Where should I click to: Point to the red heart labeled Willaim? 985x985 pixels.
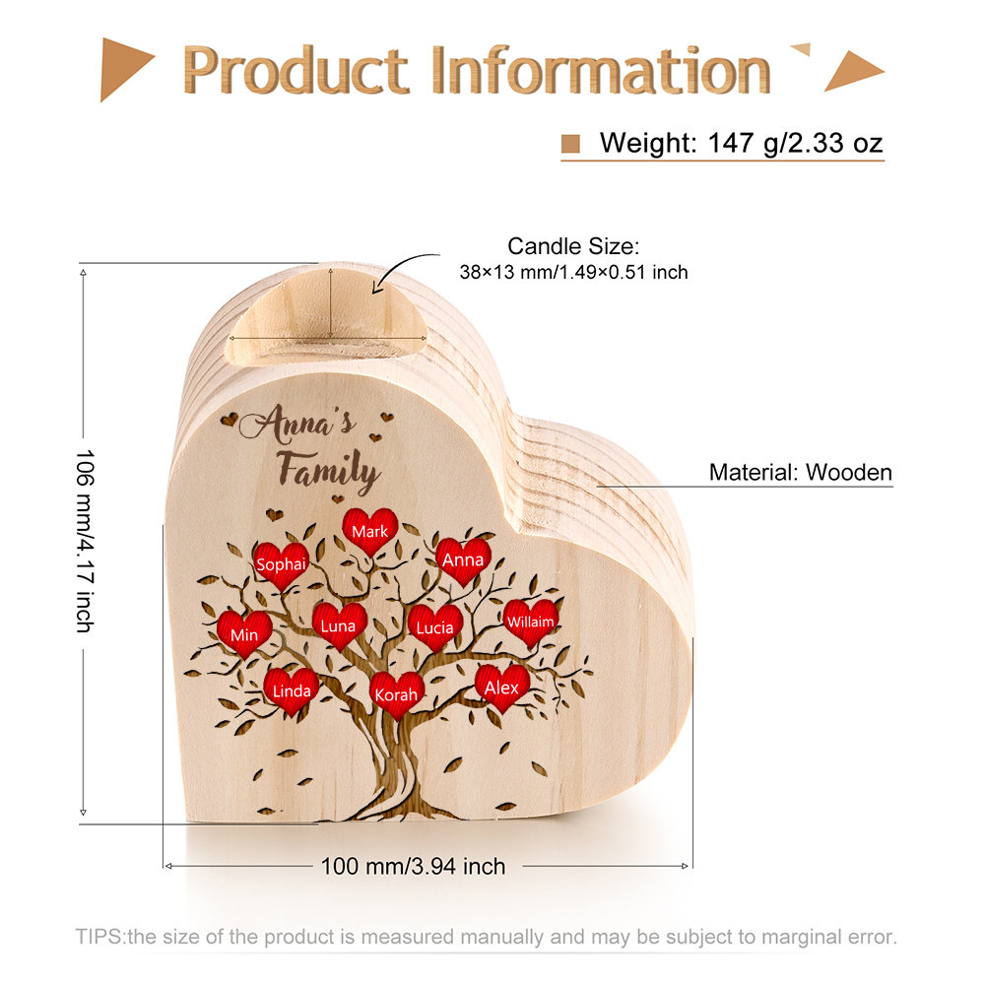tap(530, 622)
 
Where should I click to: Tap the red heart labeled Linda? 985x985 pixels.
tap(292, 689)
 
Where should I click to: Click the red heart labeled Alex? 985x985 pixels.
tap(502, 687)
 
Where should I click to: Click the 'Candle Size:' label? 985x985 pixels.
tap(573, 246)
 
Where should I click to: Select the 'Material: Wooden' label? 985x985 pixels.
tap(800, 473)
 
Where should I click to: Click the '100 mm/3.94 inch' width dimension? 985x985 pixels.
tap(413, 867)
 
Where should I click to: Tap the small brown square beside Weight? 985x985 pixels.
tap(570, 144)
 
